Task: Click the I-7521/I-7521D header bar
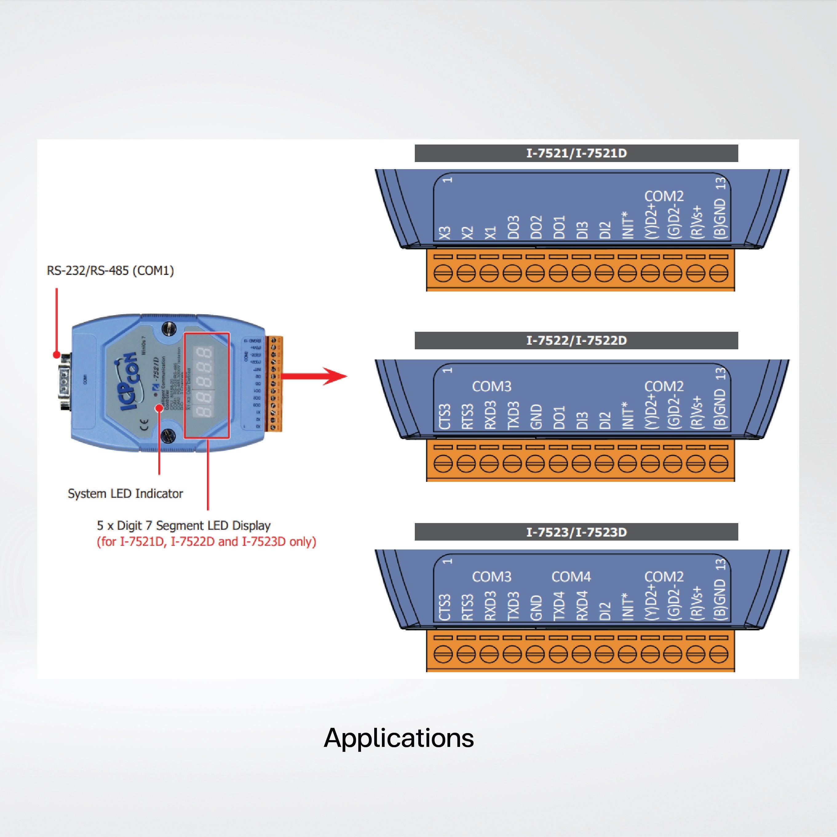576,153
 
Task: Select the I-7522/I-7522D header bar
576,340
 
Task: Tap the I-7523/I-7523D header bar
576,532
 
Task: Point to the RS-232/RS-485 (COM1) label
110,271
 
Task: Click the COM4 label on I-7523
571,577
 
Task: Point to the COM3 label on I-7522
492,386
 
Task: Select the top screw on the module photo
169,327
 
